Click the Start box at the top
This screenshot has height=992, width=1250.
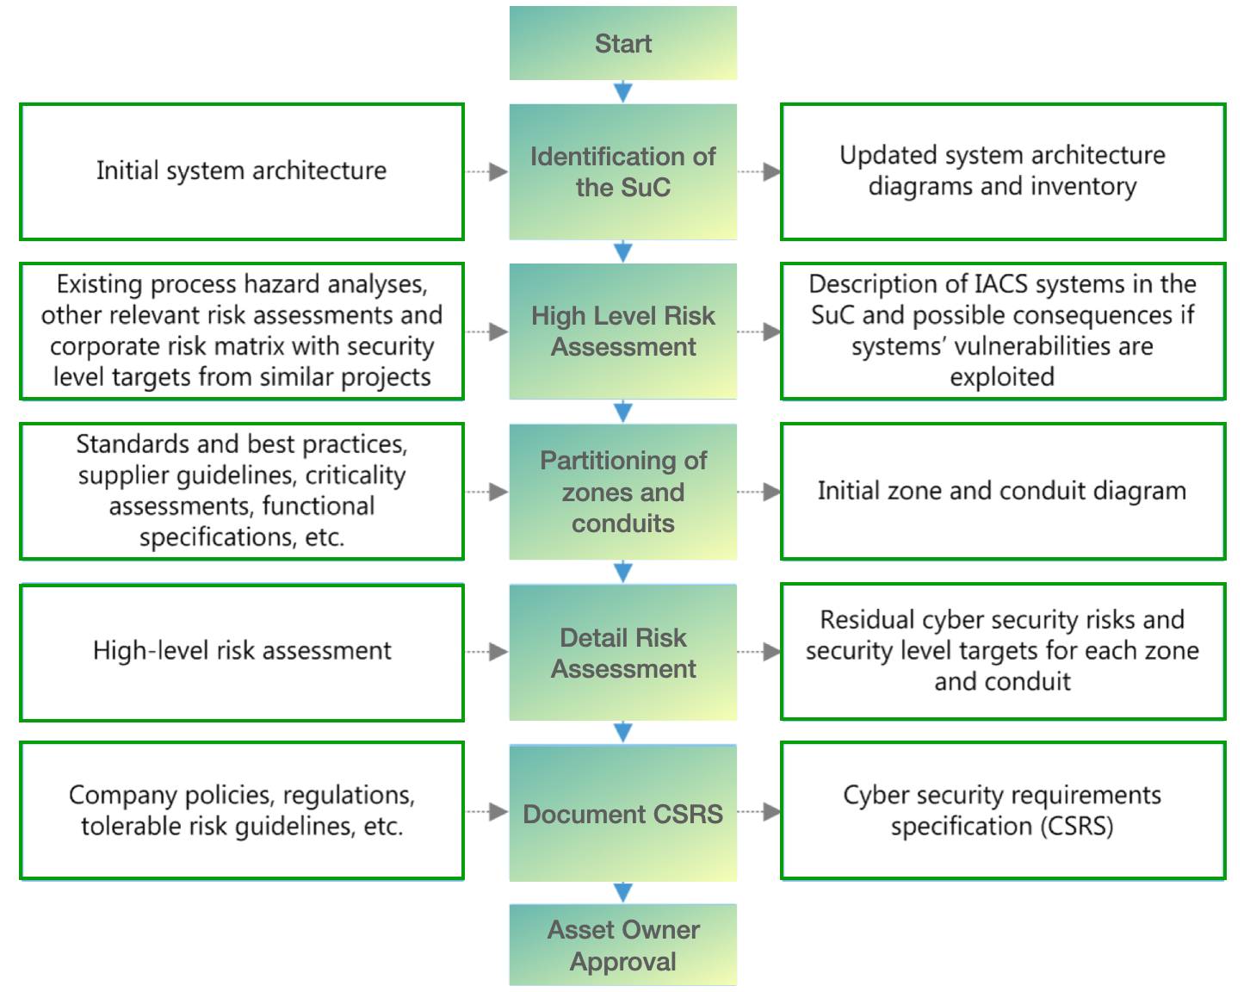coord(622,44)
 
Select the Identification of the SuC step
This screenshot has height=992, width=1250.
coord(622,171)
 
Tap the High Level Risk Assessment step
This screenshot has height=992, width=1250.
coord(622,332)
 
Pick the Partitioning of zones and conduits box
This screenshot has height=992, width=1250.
coord(622,492)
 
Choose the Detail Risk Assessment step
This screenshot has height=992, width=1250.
coord(622,653)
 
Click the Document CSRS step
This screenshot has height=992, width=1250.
coord(622,814)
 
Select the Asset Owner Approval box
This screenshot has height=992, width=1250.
coord(622,945)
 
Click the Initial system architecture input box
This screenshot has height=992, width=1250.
coord(242,171)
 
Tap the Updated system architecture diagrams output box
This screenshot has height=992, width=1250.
coord(1002,171)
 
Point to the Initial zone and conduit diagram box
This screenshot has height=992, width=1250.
coord(1002,491)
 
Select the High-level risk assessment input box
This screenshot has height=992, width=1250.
coord(242,651)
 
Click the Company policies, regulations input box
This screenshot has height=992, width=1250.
coord(242,810)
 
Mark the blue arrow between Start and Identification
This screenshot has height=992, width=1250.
coord(623,91)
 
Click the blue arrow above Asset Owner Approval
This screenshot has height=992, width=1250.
coord(623,891)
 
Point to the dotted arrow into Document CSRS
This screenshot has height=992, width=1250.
coord(487,811)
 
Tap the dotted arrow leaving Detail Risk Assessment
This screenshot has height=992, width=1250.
coord(759,652)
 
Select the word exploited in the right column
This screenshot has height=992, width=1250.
coord(1002,377)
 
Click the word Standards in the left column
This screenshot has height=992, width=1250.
coord(133,444)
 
